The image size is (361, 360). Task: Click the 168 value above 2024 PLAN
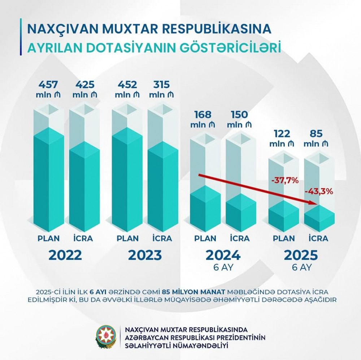point(205,115)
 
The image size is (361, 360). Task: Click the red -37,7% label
point(285,180)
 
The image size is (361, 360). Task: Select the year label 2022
point(65,255)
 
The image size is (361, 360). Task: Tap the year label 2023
point(145,255)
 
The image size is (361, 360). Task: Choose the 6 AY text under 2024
point(223,268)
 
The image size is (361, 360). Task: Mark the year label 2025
point(301,255)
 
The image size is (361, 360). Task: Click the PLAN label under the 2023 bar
point(127,239)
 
